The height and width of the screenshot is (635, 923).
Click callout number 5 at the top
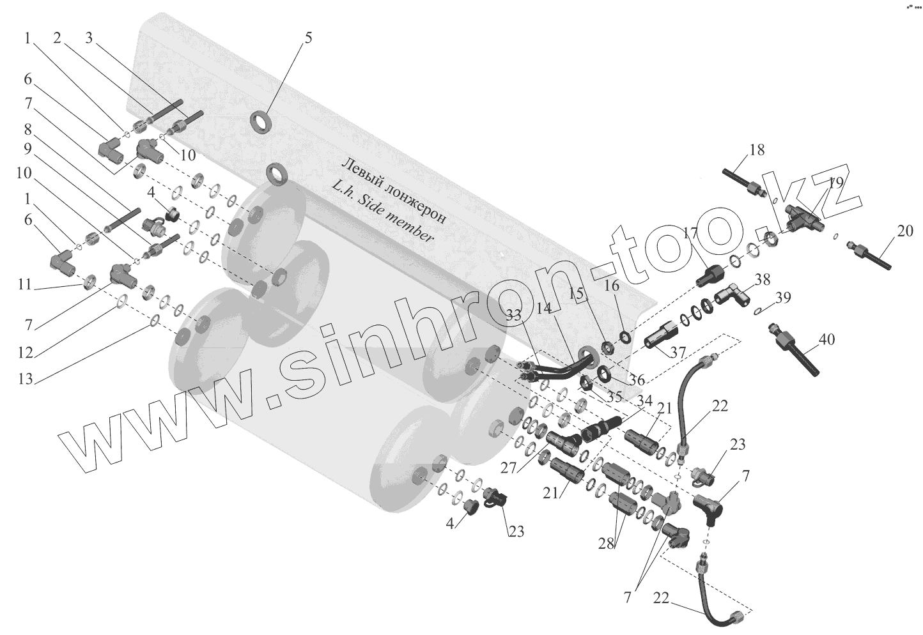(x=308, y=38)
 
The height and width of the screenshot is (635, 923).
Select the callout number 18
(x=757, y=151)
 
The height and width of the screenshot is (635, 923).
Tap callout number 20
(x=905, y=231)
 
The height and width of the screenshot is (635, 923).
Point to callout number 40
(x=826, y=340)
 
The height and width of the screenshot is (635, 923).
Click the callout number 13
(x=25, y=379)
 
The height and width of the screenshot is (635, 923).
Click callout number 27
(x=508, y=468)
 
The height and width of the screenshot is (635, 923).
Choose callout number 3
(x=89, y=38)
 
